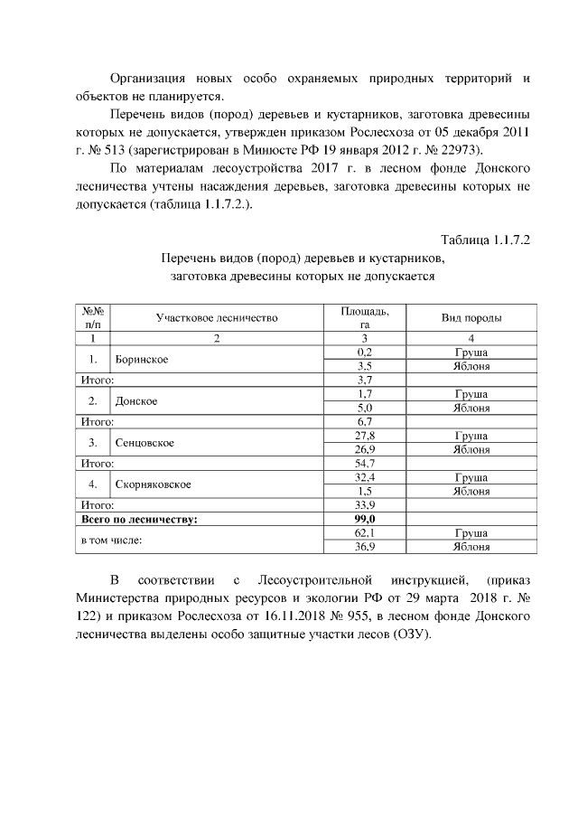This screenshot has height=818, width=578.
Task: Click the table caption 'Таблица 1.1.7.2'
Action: [x=484, y=240]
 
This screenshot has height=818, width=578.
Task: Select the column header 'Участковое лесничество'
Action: [x=216, y=317]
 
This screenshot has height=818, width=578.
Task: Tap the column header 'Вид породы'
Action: [x=471, y=317]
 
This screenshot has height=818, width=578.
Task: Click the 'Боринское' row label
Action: [x=143, y=359]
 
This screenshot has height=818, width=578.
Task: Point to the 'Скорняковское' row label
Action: [x=153, y=484]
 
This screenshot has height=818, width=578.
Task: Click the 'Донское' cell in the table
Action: [x=137, y=401]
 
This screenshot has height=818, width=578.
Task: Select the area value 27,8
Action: [x=365, y=436]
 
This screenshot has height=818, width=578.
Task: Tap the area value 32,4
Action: [x=365, y=477]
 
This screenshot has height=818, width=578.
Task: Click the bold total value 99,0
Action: [x=365, y=520]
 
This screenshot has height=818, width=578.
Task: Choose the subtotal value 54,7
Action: [x=365, y=464]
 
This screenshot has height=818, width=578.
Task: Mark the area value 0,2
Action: [x=365, y=352]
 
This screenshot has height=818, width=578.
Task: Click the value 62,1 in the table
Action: [x=365, y=533]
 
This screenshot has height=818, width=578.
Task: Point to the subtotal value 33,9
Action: [x=365, y=505]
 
